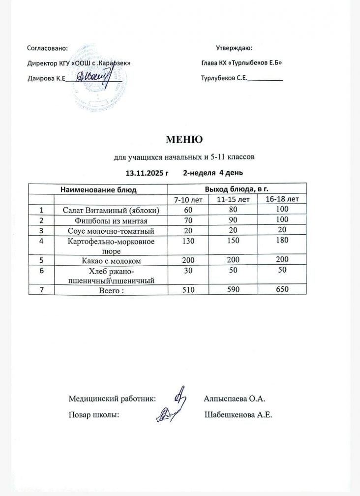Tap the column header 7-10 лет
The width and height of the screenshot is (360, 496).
coord(187,200)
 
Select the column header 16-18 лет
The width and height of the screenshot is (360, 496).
coord(282,199)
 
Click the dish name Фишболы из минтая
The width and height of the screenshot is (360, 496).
coord(110,220)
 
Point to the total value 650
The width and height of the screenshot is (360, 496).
coord(282,290)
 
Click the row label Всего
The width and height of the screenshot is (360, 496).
coord(110,290)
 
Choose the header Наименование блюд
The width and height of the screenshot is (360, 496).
coord(98,189)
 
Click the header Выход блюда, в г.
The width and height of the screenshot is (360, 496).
coord(236,188)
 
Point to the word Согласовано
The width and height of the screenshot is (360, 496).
coord(47,48)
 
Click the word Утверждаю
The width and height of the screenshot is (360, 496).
coord(234,48)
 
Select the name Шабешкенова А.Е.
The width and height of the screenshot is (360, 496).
coord(238,415)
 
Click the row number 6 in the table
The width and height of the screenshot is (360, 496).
coord(41,270)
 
